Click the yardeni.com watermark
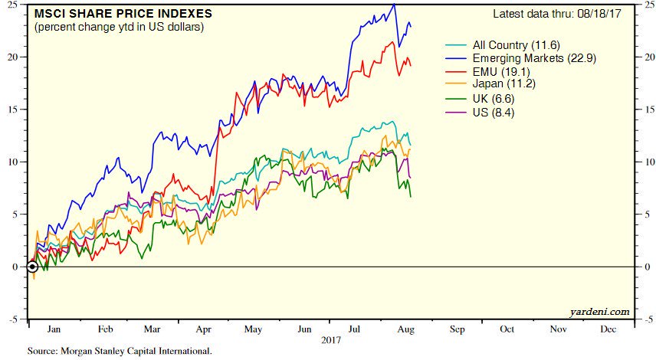(601, 311)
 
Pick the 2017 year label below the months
(331, 339)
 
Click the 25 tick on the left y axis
(19, 5)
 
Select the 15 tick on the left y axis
(19, 110)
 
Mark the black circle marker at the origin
(32, 267)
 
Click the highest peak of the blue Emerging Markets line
(394, 5)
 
